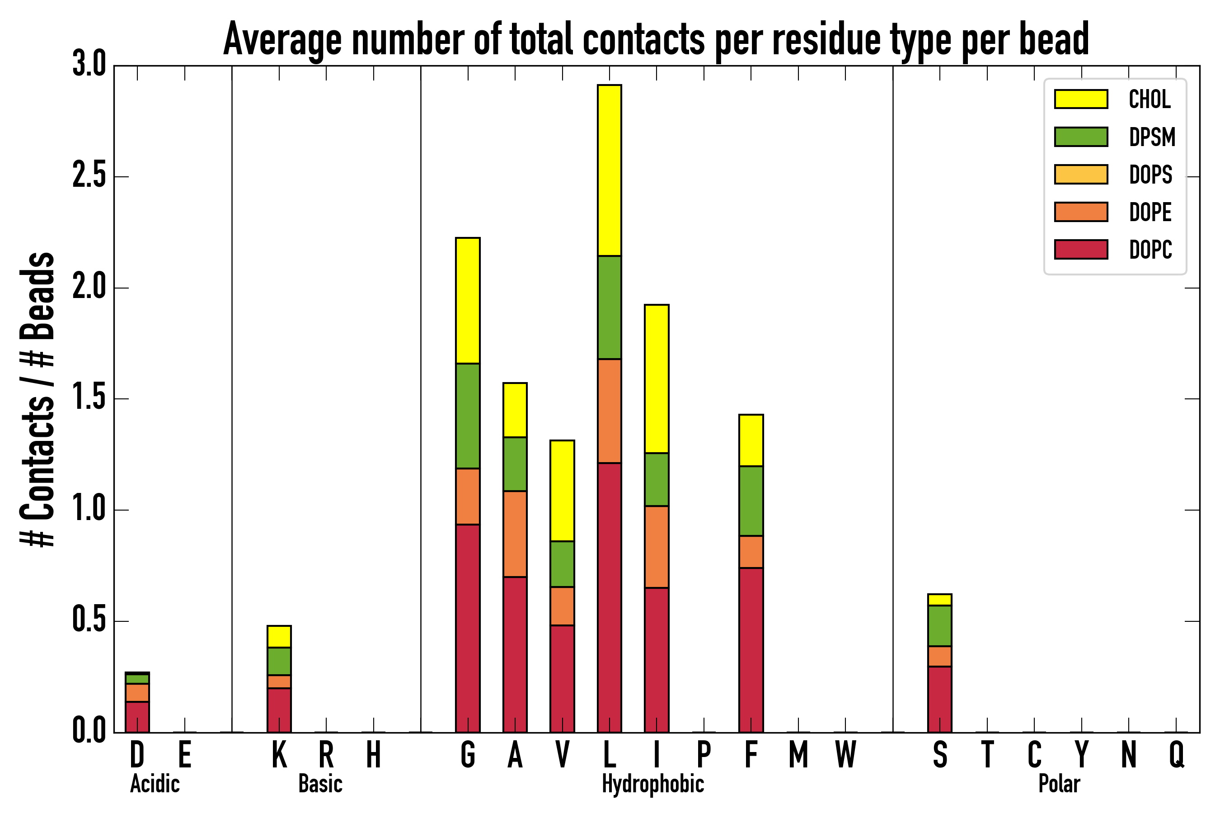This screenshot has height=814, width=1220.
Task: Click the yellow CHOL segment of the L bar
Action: [610, 170]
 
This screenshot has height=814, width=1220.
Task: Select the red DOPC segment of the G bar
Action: [467, 628]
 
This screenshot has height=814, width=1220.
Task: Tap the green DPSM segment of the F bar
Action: [751, 501]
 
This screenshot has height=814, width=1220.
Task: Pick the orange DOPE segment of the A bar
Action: [515, 534]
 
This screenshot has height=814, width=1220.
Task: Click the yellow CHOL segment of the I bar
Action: [657, 379]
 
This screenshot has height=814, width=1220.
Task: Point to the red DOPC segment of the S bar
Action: [940, 699]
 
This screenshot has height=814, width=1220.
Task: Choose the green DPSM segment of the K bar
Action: [279, 661]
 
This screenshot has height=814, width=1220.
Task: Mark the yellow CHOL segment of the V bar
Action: [562, 491]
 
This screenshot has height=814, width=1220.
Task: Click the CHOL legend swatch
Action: [1081, 99]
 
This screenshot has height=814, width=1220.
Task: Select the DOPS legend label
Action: [1150, 175]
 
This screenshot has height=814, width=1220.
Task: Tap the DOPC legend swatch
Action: [1081, 249]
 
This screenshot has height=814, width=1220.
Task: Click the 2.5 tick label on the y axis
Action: [89, 176]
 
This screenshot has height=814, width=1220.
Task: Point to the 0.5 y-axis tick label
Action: [89, 621]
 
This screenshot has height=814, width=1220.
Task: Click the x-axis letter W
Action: [845, 755]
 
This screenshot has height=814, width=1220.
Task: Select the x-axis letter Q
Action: [1177, 755]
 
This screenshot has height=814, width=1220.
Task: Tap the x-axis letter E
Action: [185, 755]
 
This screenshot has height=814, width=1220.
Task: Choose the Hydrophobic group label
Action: [652, 784]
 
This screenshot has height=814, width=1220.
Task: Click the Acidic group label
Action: [155, 784]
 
